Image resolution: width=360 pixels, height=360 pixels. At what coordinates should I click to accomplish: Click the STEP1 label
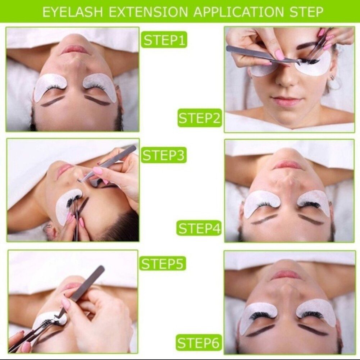164,40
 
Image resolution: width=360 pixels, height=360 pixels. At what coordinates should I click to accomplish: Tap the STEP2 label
199,118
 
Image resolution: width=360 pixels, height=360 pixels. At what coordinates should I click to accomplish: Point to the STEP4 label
199,228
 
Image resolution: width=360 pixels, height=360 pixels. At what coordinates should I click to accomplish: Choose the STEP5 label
163,263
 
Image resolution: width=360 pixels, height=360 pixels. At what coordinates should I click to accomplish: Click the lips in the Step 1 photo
75,50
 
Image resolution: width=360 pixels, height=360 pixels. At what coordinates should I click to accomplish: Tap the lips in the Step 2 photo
286,101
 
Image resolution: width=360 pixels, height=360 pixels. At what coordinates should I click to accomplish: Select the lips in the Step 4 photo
288,165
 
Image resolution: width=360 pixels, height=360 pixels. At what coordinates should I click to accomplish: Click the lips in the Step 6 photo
286,275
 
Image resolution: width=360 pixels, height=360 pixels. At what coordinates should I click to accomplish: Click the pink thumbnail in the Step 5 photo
66,304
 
